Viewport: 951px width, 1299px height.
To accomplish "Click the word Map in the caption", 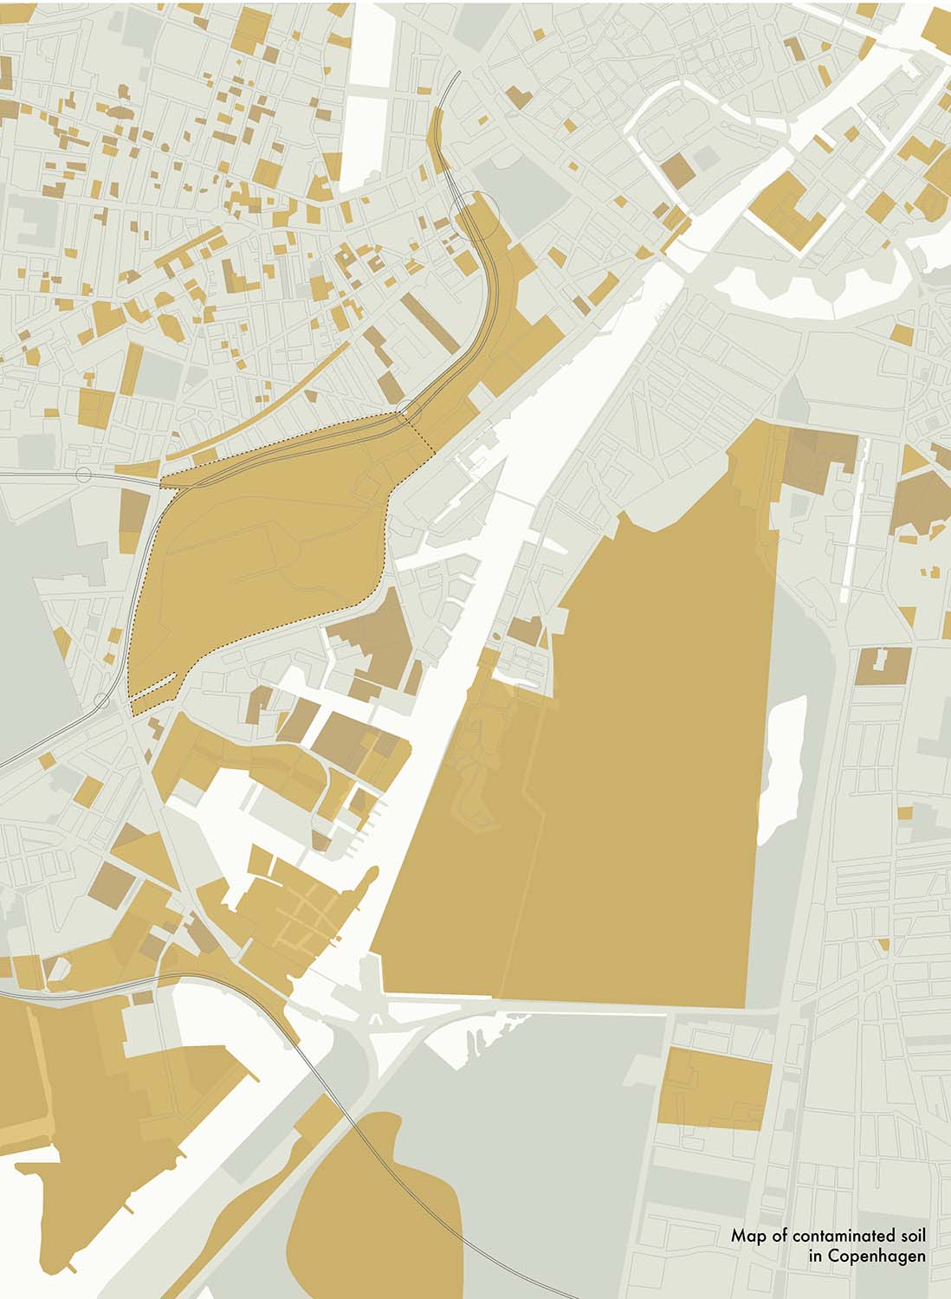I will [745, 1237].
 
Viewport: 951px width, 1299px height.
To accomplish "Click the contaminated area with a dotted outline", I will [260, 546].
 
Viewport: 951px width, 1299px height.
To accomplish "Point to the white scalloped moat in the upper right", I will [823, 294].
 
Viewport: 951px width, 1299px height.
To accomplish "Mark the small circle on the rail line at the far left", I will [84, 475].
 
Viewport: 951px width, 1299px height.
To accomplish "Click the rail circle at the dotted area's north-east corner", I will [407, 410].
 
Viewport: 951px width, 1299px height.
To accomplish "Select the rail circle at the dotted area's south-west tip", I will [102, 700].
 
